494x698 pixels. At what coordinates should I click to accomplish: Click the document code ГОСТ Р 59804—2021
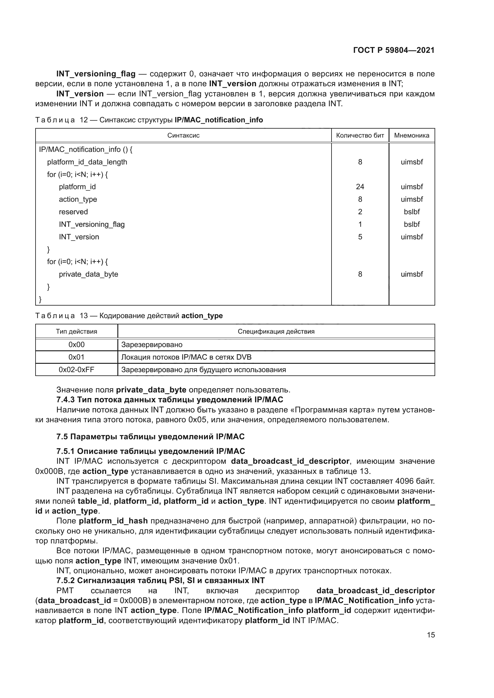[394, 50]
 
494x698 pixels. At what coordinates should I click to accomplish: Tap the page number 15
[431, 635]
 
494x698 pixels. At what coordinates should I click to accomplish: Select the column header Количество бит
[360, 135]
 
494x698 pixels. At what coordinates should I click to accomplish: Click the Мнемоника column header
[412, 135]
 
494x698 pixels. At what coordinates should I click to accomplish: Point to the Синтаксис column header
[183, 135]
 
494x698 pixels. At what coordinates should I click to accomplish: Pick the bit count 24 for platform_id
[360, 187]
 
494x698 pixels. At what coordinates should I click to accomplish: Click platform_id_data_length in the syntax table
[87, 162]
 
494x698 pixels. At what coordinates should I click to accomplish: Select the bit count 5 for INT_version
[360, 237]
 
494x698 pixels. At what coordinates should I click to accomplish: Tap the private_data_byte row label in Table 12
[88, 274]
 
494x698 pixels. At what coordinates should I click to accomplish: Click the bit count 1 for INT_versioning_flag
[360, 224]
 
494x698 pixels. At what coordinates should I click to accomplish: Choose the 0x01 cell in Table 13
[76, 357]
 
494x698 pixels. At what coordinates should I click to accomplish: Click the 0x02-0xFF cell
[76, 370]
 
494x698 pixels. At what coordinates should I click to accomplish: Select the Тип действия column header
[76, 331]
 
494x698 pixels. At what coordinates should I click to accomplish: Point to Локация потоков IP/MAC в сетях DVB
[186, 357]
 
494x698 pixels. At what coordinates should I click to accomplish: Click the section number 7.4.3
[65, 400]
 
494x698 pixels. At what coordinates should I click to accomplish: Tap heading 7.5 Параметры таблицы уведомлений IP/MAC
[150, 437]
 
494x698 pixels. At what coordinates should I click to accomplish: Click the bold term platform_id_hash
[113, 521]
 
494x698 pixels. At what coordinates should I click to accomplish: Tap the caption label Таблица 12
[61, 120]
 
